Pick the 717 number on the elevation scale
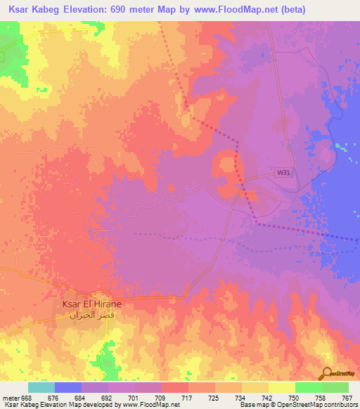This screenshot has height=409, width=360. tap(187, 398)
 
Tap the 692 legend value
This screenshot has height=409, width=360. tap(107, 398)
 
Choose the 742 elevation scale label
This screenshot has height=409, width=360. tap(267, 398)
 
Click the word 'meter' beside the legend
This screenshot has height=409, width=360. tap(10, 398)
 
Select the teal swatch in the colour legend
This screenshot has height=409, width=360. tap(41, 387)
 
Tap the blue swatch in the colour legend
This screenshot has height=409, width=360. tap(68, 387)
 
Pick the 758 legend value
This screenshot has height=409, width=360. tap(321, 398)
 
